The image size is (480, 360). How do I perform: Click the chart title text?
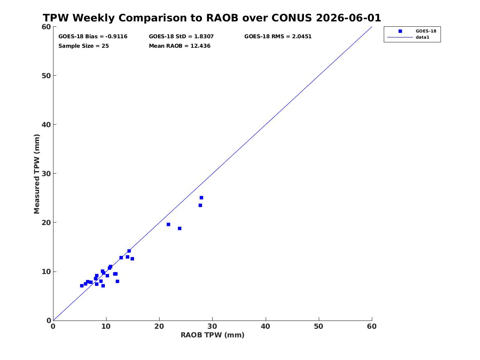pos(212,18)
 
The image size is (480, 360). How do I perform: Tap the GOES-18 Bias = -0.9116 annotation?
pos(93,37)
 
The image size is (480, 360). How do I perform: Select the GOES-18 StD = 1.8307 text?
pos(181,37)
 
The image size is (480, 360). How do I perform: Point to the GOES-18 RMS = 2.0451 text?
pos(278,37)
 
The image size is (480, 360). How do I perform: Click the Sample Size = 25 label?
pos(83,46)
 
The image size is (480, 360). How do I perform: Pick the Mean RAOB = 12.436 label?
pos(180,46)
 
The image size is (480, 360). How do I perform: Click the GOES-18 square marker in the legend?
pos(400,31)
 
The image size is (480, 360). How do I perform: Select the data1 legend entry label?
pos(422,37)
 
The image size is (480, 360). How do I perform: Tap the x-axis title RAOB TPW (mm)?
pos(213,335)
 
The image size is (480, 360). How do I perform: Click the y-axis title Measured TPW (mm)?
pos(37,174)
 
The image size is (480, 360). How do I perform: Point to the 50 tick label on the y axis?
pos(46,76)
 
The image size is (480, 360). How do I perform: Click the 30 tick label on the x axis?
pos(213,326)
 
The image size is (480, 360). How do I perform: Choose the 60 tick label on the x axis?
pos(372,326)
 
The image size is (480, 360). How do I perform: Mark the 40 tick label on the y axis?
pos(46,125)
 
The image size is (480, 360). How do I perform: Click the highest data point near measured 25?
pos(201,197)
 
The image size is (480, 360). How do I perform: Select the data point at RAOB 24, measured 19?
pos(179,228)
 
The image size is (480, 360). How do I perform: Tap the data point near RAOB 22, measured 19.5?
pos(168,224)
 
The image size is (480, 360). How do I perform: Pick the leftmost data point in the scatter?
pos(82,286)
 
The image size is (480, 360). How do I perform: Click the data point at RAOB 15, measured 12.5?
pos(132,259)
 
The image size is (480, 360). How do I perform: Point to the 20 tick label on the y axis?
pos(46,223)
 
